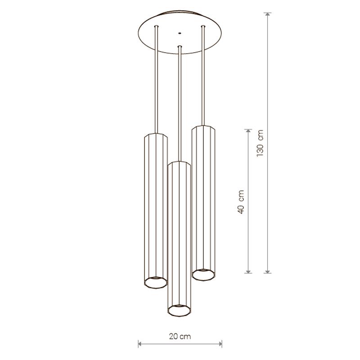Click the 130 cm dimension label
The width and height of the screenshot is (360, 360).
pyautogui.click(x=260, y=143)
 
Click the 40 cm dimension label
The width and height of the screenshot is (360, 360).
pyautogui.click(x=241, y=202)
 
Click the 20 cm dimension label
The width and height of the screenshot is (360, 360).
pyautogui.click(x=180, y=336)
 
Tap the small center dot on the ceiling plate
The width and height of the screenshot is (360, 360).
pyautogui.click(x=180, y=33)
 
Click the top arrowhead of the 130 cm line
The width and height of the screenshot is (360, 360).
pyautogui.click(x=267, y=14)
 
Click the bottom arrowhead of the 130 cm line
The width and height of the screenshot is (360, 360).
pyautogui.click(x=267, y=271)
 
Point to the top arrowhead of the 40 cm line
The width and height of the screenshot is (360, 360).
pyautogui.click(x=248, y=131)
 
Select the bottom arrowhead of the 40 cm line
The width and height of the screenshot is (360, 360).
pyautogui.click(x=248, y=271)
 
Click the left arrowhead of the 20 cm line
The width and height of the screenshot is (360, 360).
pyautogui.click(x=140, y=344)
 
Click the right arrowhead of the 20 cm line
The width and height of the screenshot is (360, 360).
pyautogui.click(x=220, y=344)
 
